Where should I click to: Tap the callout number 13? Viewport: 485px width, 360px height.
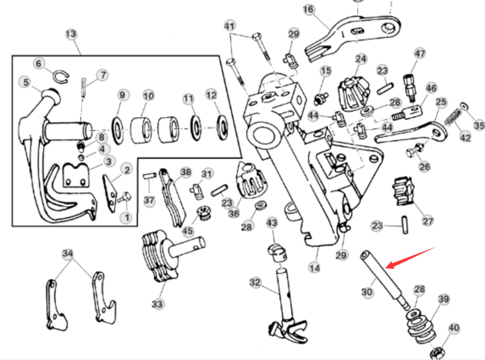(71, 34)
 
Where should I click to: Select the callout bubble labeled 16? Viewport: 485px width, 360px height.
(308, 10)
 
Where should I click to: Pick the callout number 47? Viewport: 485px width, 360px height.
(420, 54)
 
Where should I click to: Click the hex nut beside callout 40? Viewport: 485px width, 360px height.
(437, 352)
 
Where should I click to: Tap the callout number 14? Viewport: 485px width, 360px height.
(314, 267)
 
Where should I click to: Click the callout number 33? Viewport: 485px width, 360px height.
(157, 304)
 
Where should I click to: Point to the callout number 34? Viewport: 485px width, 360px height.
(68, 254)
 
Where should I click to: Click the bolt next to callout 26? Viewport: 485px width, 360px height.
(413, 152)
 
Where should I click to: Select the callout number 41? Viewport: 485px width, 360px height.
(229, 26)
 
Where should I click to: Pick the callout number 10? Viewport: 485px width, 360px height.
(149, 96)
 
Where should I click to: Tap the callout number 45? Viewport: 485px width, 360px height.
(187, 231)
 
